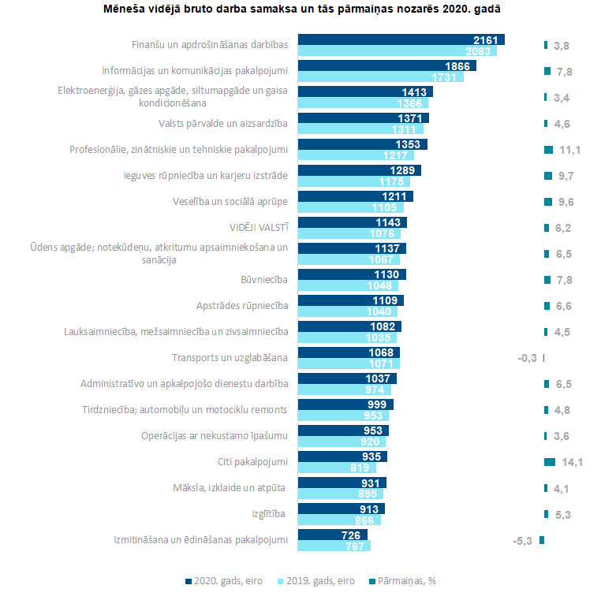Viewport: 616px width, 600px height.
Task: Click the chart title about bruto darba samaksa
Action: coord(302,10)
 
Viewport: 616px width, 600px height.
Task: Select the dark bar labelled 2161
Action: coord(402,39)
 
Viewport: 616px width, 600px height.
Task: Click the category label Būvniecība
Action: coord(263,279)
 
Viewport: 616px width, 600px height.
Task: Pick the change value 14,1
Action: coord(572,462)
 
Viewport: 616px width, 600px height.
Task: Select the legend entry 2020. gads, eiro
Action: coord(229,581)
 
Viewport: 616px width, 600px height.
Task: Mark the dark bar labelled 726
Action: coord(334,535)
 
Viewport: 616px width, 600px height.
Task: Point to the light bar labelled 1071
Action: coord(350,363)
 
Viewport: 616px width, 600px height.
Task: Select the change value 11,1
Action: coord(569,150)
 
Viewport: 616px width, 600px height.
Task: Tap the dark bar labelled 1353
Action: coord(364,143)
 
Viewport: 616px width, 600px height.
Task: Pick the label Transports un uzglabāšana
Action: coord(230,358)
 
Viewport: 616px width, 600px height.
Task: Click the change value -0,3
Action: coord(527,358)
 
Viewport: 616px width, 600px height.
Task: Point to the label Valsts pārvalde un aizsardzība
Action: coord(223,124)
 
